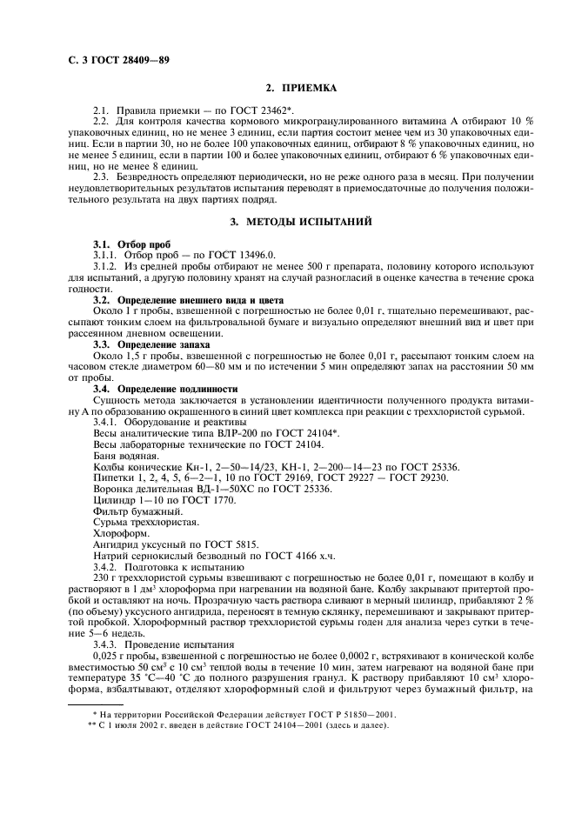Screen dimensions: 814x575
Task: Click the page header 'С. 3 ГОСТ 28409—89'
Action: (x=117, y=62)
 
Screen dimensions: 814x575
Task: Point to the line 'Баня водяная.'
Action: (x=126, y=455)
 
